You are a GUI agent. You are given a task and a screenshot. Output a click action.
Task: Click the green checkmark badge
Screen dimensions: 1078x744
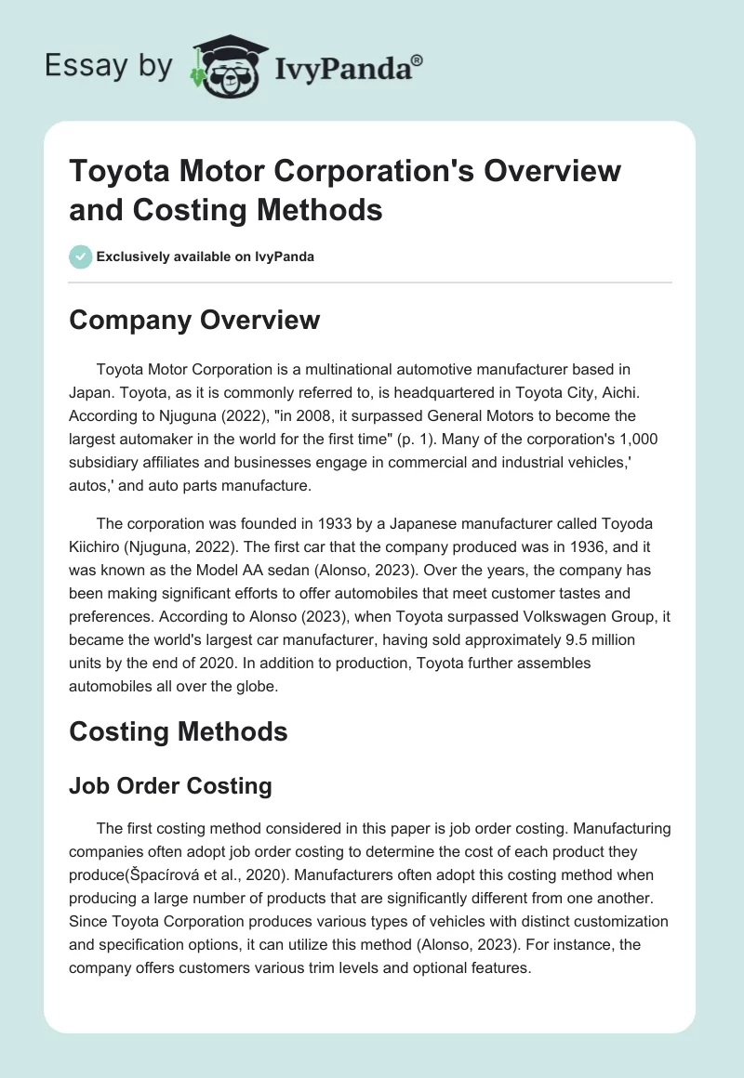click(x=81, y=256)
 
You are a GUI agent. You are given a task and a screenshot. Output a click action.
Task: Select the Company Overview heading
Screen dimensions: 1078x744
click(x=194, y=320)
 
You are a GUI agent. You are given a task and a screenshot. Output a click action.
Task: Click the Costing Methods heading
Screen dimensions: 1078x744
click(x=179, y=731)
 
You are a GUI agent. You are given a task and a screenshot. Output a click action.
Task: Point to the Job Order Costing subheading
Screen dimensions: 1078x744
click(x=170, y=785)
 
